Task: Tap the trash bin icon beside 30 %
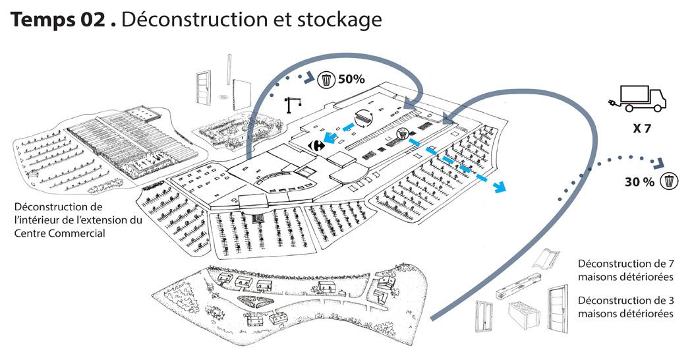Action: coord(670,181)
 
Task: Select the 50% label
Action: coord(351,80)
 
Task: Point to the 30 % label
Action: coord(639,181)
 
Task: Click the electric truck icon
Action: coord(637,99)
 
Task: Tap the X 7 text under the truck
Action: coord(641,129)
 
